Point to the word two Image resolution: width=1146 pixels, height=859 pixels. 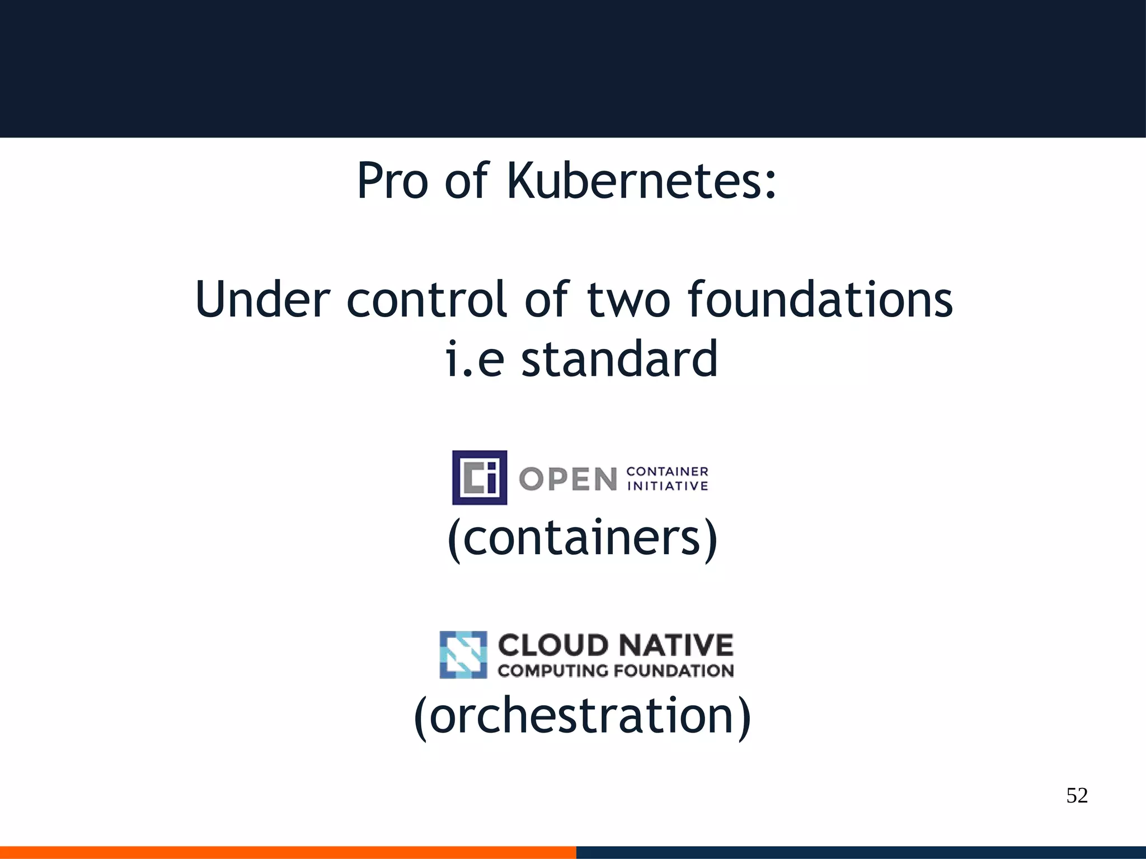point(628,300)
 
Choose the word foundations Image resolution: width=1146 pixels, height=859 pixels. point(820,300)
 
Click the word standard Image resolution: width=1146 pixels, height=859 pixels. point(619,359)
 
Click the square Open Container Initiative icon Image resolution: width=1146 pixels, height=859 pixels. point(480,478)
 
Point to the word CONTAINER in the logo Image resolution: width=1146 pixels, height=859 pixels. point(668,471)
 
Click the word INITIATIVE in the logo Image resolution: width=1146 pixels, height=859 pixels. point(668,486)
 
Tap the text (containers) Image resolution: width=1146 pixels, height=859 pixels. point(582,538)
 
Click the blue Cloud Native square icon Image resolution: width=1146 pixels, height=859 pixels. point(463,655)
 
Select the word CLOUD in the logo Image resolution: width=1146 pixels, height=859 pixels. point(553,645)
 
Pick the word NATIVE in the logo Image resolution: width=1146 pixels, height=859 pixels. point(675,645)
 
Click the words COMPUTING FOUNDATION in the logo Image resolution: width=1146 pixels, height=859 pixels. point(616,671)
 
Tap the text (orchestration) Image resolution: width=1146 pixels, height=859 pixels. point(582,716)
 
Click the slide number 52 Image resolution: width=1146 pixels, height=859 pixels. point(1077,795)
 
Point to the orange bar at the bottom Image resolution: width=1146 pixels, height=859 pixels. point(288,852)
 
